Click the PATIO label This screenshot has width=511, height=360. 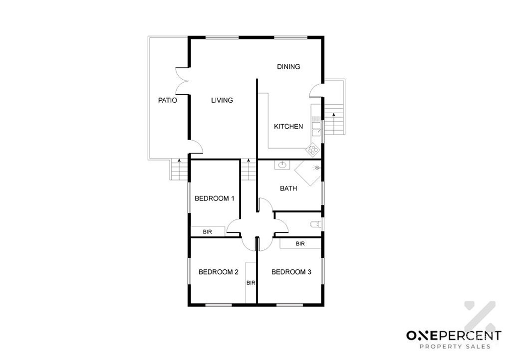pyautogui.click(x=168, y=100)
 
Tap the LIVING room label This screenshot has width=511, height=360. pyautogui.click(x=222, y=100)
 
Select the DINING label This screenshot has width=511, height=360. pyautogui.click(x=288, y=67)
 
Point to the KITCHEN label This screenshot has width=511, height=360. pyautogui.click(x=288, y=127)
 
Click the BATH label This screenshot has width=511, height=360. pyautogui.click(x=288, y=188)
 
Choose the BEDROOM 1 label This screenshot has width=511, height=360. pyautogui.click(x=215, y=198)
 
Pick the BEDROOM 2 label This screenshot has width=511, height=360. pyautogui.click(x=219, y=272)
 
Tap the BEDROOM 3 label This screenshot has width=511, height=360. pyautogui.click(x=291, y=272)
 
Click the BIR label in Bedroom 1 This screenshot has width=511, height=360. pyautogui.click(x=207, y=232)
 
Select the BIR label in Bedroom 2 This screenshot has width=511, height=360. pyautogui.click(x=251, y=283)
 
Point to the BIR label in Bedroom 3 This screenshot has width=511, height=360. pyautogui.click(x=300, y=244)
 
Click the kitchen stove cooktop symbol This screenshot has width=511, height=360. pyautogui.click(x=313, y=150)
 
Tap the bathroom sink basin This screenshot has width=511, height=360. pyautogui.click(x=281, y=166)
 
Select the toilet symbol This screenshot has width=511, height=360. pyautogui.click(x=315, y=224)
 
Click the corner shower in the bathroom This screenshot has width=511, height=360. pyautogui.click(x=308, y=173)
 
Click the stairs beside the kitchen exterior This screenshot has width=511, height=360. pyautogui.click(x=334, y=119)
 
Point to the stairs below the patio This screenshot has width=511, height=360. pyautogui.click(x=179, y=170)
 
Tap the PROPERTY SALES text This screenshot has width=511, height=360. pyautogui.click(x=455, y=347)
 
